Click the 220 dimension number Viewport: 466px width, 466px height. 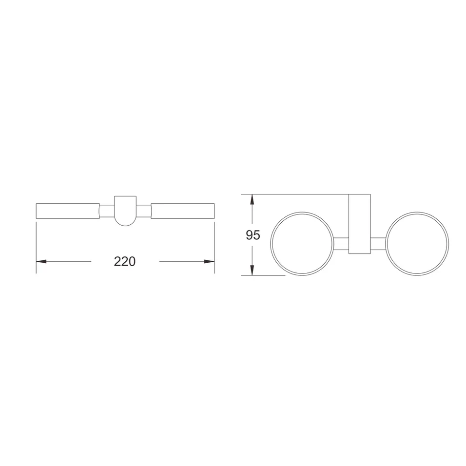tap(125, 261)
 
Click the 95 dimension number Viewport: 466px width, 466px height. tap(252, 235)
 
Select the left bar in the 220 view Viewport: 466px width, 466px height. tap(68, 211)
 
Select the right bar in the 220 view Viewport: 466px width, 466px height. tap(183, 211)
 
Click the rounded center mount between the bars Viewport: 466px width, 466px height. tap(125, 211)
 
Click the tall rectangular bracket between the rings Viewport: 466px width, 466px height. tap(360, 224)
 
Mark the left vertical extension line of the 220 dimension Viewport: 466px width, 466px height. tap(36, 244)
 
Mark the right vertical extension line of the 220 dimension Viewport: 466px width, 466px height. tap(215, 244)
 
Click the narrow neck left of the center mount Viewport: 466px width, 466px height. tap(107, 211)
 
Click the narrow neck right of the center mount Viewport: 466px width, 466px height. tap(144, 211)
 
